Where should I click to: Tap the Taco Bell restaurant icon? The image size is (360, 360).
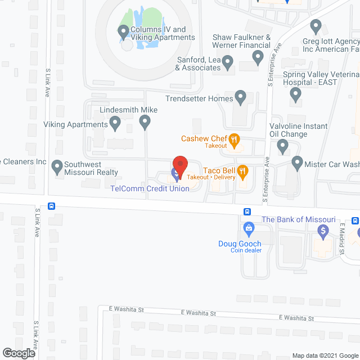(243, 170)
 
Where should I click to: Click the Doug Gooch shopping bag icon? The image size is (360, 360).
(249, 228)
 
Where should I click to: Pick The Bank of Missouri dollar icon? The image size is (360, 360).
(323, 229)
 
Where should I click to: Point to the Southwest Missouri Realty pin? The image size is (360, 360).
(57, 166)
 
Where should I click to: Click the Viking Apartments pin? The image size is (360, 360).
(115, 121)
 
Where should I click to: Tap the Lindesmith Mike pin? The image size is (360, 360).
(145, 120)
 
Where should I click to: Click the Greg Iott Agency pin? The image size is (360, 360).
(316, 25)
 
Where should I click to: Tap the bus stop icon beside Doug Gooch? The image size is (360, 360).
(247, 211)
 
